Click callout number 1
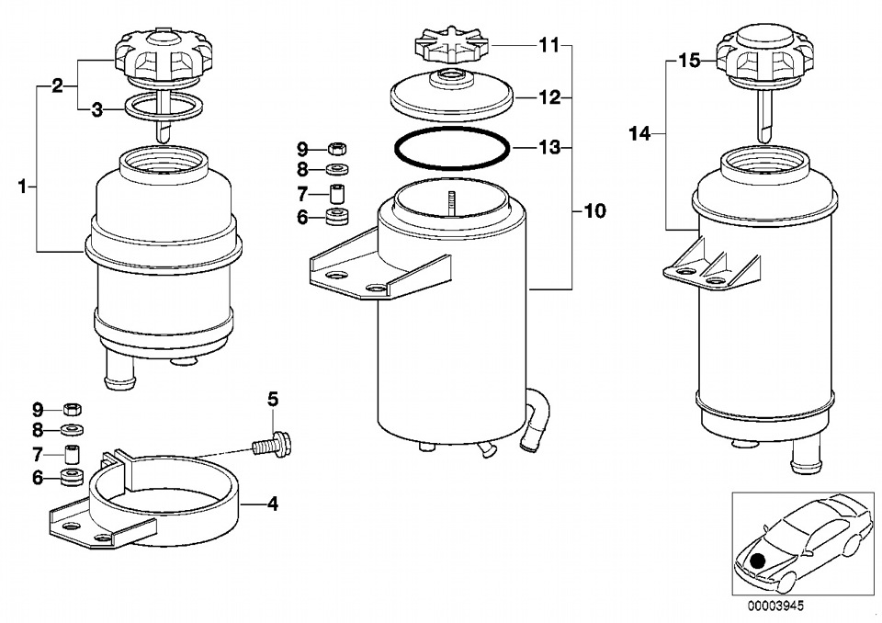click(x=22, y=187)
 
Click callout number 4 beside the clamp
click(x=272, y=504)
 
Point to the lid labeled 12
click(x=452, y=96)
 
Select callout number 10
click(x=594, y=211)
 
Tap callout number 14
click(x=639, y=134)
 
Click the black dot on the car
click(x=758, y=561)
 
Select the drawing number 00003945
click(x=775, y=606)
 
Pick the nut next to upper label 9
click(x=336, y=149)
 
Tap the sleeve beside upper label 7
click(x=337, y=194)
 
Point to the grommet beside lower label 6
click(x=72, y=477)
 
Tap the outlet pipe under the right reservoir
click(x=803, y=457)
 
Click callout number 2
click(x=57, y=86)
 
